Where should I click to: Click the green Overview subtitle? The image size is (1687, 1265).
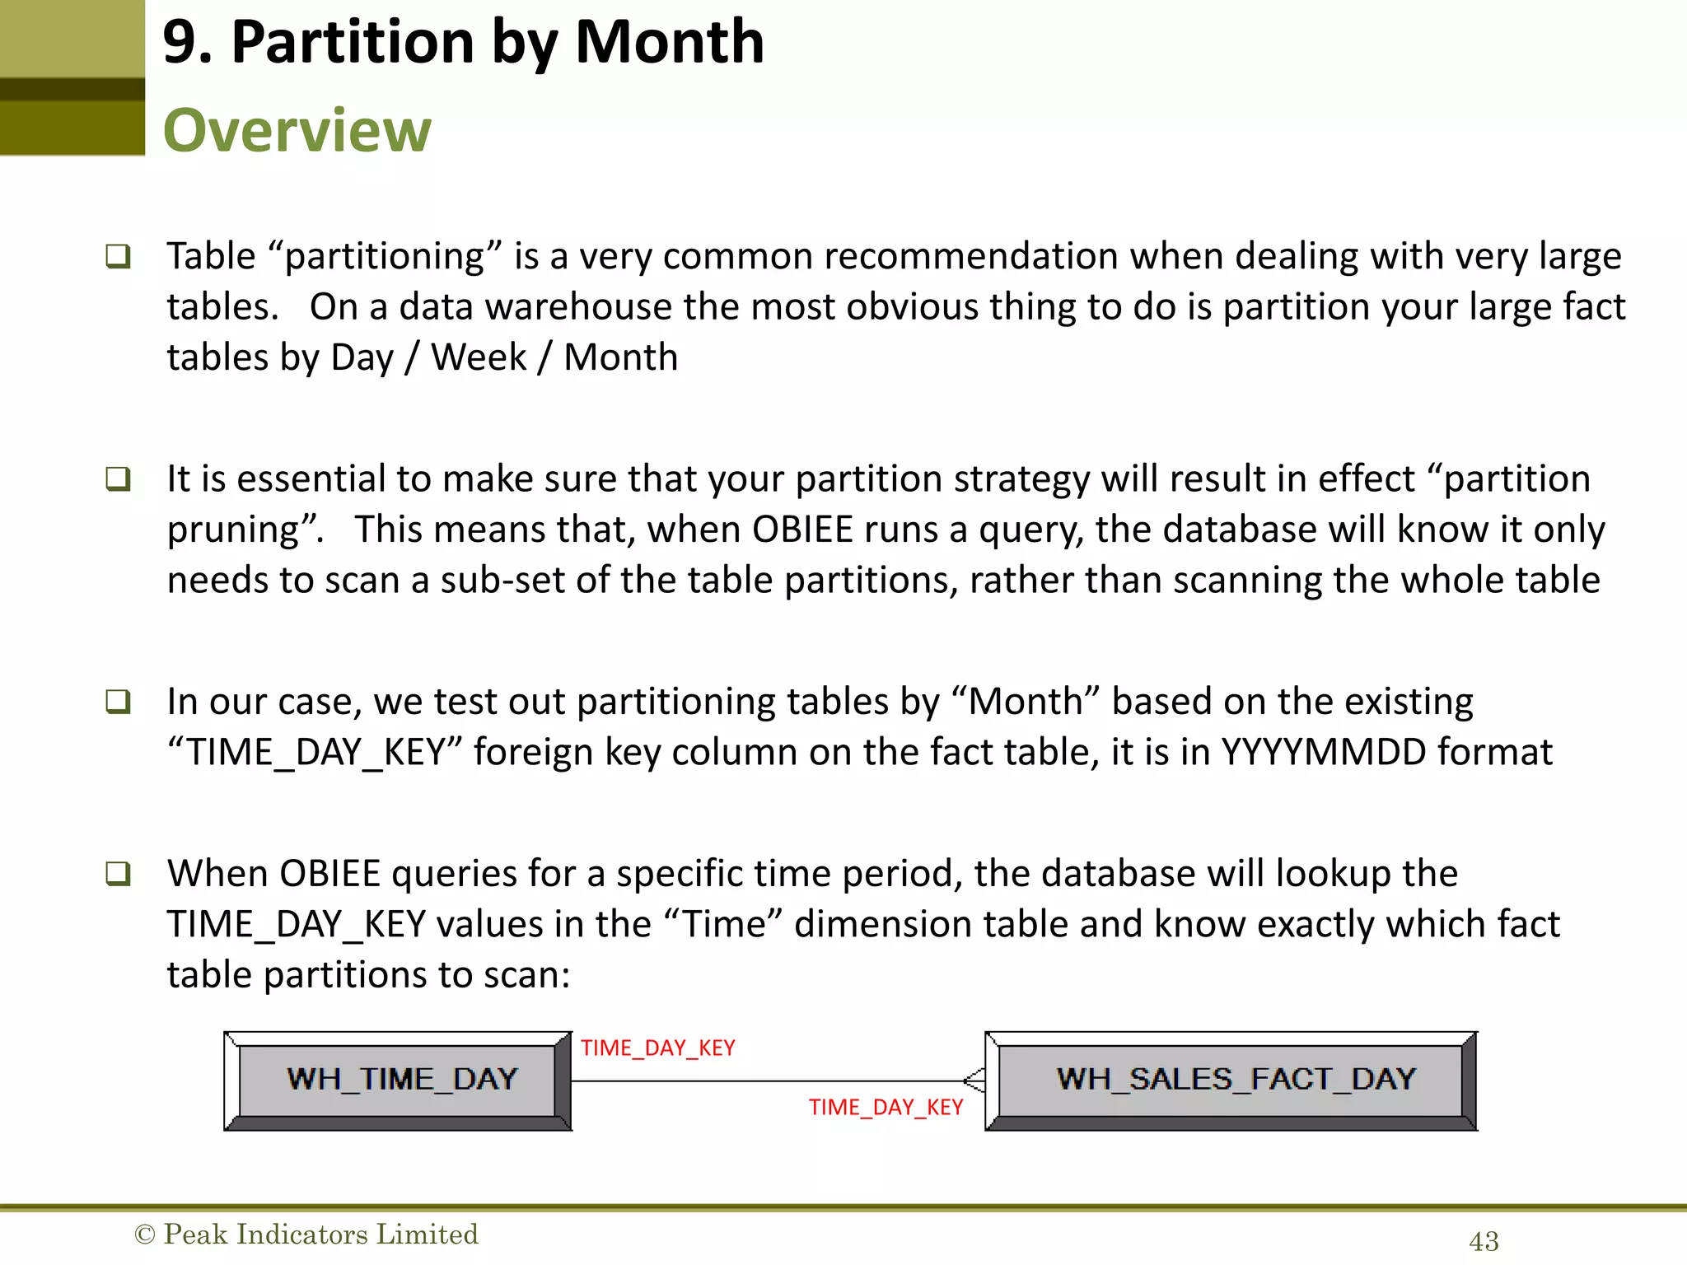(x=297, y=130)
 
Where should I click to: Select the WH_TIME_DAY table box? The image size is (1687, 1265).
(x=399, y=1081)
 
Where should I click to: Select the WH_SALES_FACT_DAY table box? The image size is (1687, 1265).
(x=1232, y=1081)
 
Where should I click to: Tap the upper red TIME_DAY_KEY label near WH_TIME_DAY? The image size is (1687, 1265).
(x=657, y=1048)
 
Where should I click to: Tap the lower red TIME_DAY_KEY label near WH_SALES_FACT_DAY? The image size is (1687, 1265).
(x=886, y=1107)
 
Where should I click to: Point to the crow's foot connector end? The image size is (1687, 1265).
(x=974, y=1080)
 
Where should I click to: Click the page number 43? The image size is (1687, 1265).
(x=1484, y=1241)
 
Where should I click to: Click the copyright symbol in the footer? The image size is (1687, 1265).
(x=144, y=1235)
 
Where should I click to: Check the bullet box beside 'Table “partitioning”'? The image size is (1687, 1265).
(x=118, y=256)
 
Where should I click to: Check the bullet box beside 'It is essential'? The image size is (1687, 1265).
(x=118, y=478)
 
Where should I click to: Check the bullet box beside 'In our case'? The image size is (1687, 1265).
(x=118, y=702)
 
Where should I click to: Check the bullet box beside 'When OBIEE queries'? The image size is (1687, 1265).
(x=118, y=873)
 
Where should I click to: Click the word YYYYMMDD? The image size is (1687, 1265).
(x=1323, y=752)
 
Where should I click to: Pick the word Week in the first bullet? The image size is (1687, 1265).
(x=479, y=357)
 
